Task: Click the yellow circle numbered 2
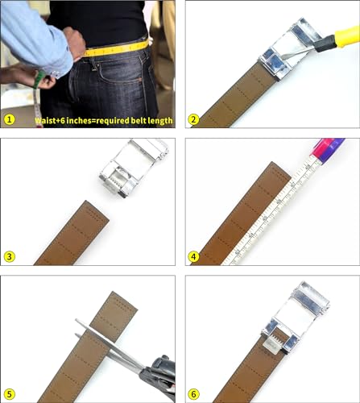pos(193,120)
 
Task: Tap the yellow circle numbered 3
pos(10,257)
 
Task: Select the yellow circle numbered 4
pos(193,257)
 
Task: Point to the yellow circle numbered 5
pos(10,393)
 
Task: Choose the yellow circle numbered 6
pos(193,393)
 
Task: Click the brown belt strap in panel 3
pos(72,234)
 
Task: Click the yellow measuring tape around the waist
pos(117,49)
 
